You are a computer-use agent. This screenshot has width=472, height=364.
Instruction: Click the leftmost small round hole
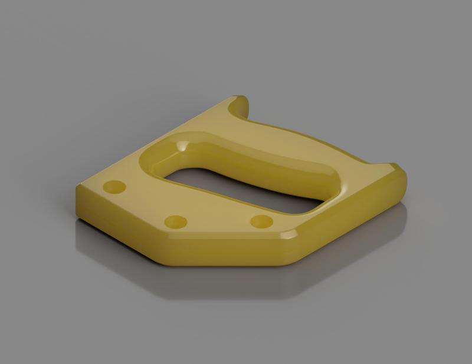(x=114, y=188)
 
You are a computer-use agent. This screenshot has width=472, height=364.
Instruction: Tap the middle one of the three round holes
(x=175, y=222)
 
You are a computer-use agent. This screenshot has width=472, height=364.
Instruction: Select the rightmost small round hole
(x=261, y=222)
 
